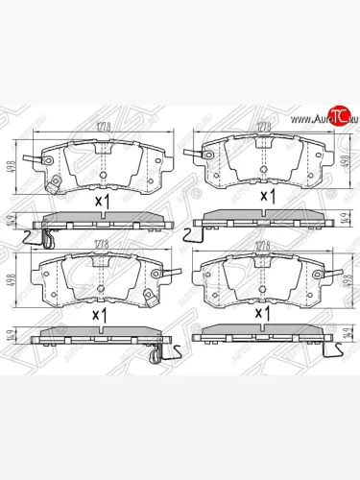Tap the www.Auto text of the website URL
click(297, 118)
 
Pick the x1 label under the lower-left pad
click(98, 314)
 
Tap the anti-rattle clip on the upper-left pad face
click(57, 182)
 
